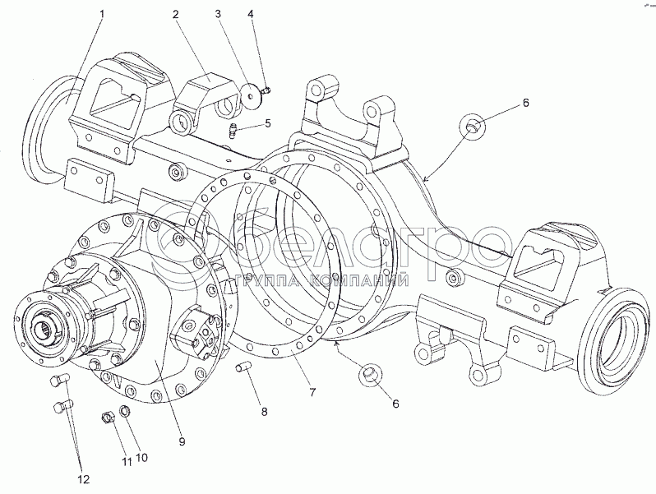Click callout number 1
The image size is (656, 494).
tap(102, 14)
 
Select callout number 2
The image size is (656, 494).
tap(176, 14)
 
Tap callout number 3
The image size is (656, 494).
tap(218, 14)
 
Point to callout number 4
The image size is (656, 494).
tap(251, 14)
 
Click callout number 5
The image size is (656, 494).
tap(268, 123)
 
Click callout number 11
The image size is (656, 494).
tap(127, 462)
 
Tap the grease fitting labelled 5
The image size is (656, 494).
tap(234, 129)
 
